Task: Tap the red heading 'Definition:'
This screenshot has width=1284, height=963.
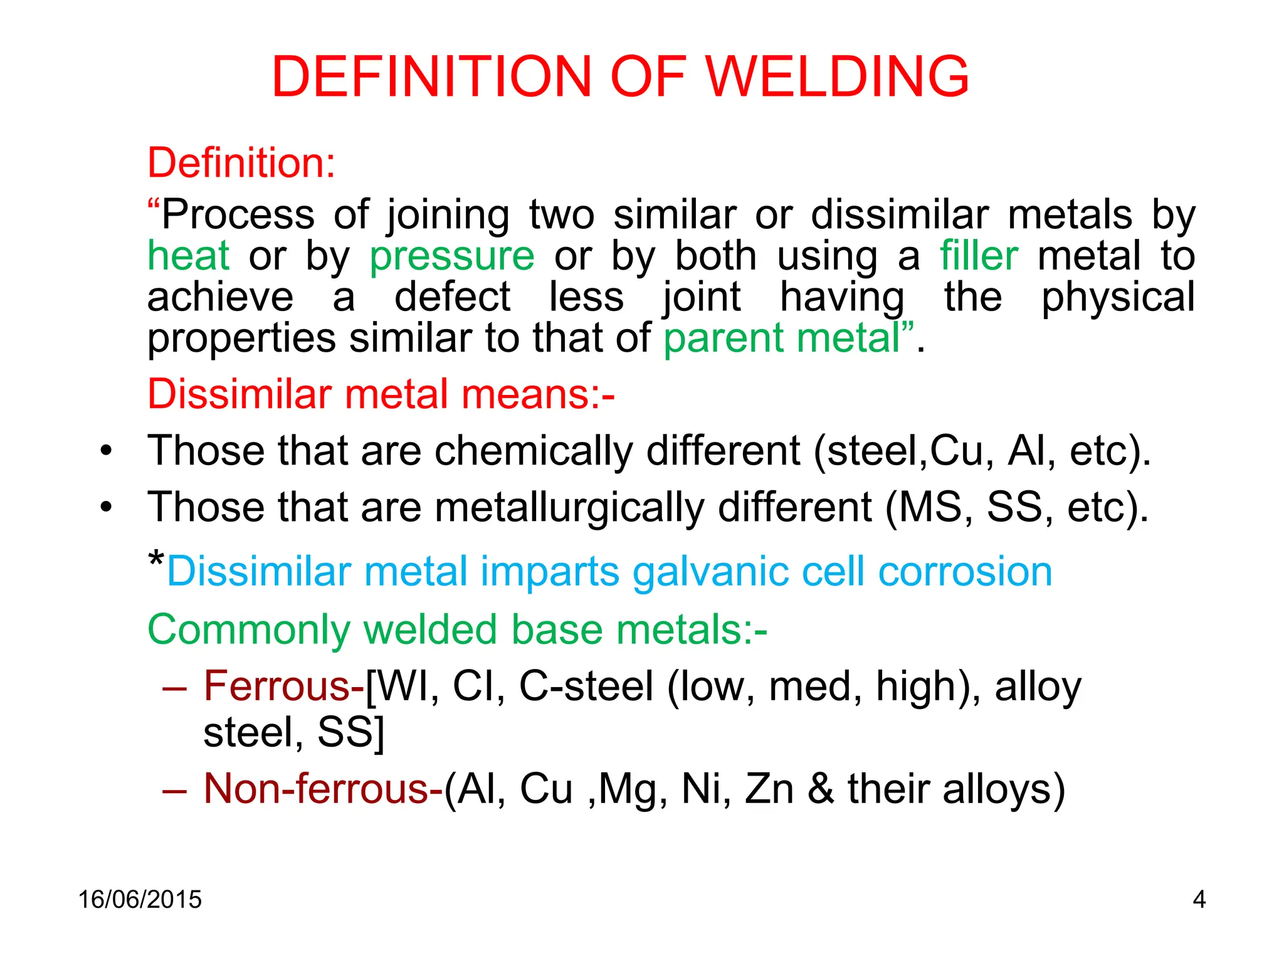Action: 241,163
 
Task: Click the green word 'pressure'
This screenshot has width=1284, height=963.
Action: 451,257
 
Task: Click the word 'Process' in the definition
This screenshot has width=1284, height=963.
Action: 238,216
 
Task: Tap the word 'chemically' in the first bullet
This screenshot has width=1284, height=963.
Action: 534,451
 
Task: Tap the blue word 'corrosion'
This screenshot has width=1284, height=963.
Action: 965,572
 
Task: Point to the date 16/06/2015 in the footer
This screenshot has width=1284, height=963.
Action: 140,900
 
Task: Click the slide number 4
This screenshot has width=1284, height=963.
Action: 1199,900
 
